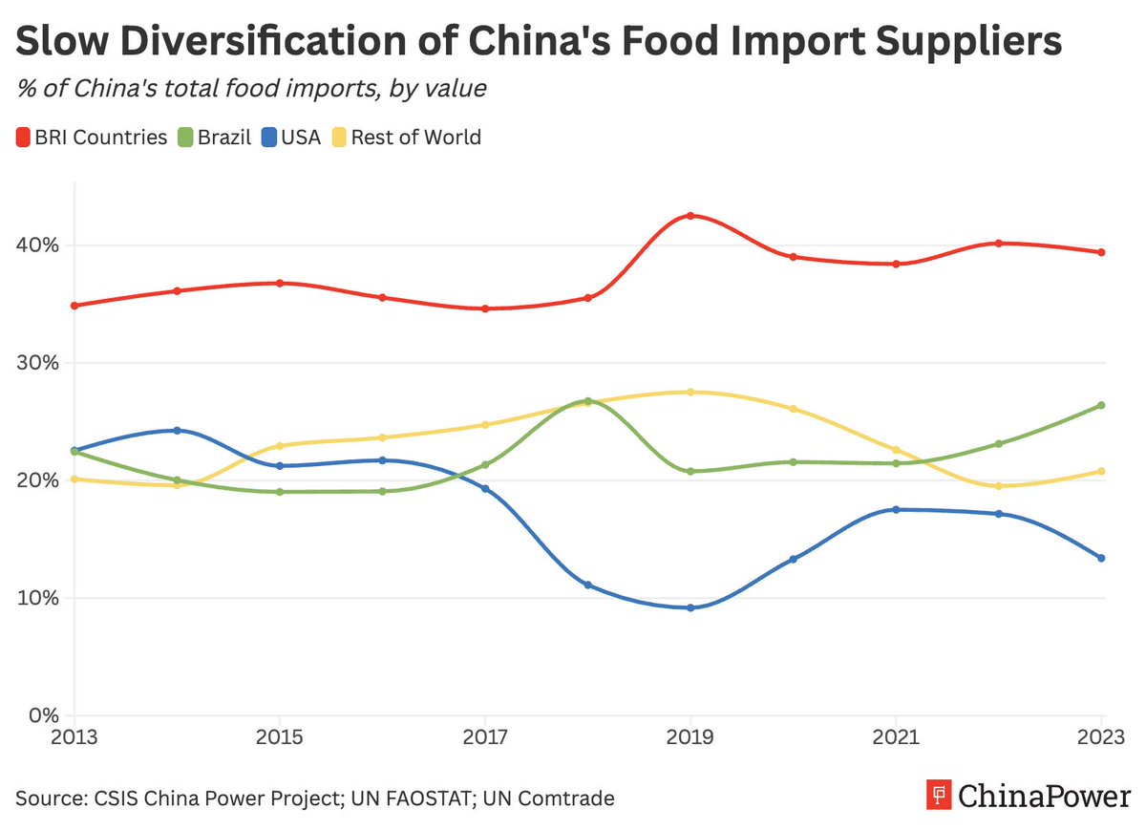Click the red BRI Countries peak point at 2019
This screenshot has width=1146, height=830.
coord(690,216)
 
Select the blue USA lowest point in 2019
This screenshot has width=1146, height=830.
coord(690,607)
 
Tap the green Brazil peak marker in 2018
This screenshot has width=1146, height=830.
coord(588,401)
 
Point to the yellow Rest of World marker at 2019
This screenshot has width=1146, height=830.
coord(690,393)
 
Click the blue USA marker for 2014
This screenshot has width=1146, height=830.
coord(177,431)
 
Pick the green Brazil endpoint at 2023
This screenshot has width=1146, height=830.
coord(1102,405)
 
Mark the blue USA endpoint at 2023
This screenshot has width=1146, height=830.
coord(1102,558)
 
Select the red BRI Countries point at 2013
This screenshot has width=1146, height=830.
coord(74,306)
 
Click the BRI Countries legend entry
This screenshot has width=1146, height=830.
coord(92,138)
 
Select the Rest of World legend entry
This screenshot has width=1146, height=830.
coord(406,138)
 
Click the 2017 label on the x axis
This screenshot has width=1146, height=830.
coord(485,738)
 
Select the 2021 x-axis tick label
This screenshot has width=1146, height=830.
coord(896,738)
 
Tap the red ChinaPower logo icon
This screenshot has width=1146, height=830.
coord(940,796)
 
